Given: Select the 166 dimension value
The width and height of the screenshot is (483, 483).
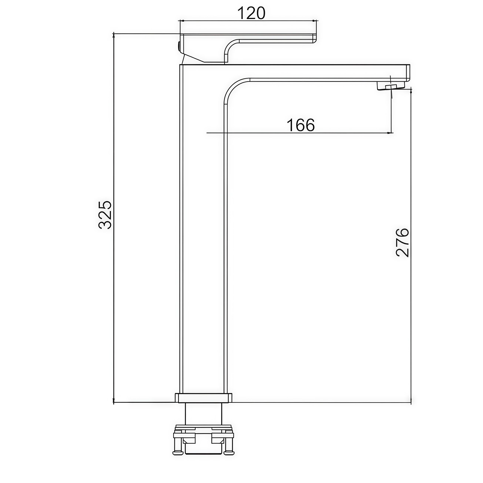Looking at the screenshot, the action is click(x=301, y=125).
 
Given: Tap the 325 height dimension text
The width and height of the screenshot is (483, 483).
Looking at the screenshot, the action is click(x=105, y=215).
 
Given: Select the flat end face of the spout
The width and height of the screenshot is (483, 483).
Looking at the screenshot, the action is click(x=408, y=73).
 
